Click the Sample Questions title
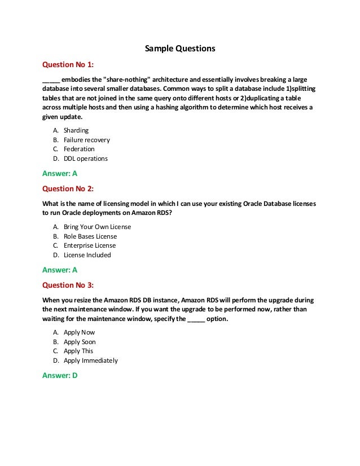click(x=180, y=49)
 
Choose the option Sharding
click(x=76, y=130)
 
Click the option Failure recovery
click(x=86, y=140)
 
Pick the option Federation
click(x=79, y=149)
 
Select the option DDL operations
click(x=85, y=159)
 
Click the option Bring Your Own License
click(x=97, y=227)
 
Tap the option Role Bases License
click(x=90, y=236)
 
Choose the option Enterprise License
click(x=90, y=245)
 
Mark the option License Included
click(x=87, y=255)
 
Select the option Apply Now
click(x=80, y=332)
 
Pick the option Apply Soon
click(x=80, y=342)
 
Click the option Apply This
click(x=78, y=351)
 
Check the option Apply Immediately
click(x=91, y=361)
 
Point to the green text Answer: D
click(x=60, y=376)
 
